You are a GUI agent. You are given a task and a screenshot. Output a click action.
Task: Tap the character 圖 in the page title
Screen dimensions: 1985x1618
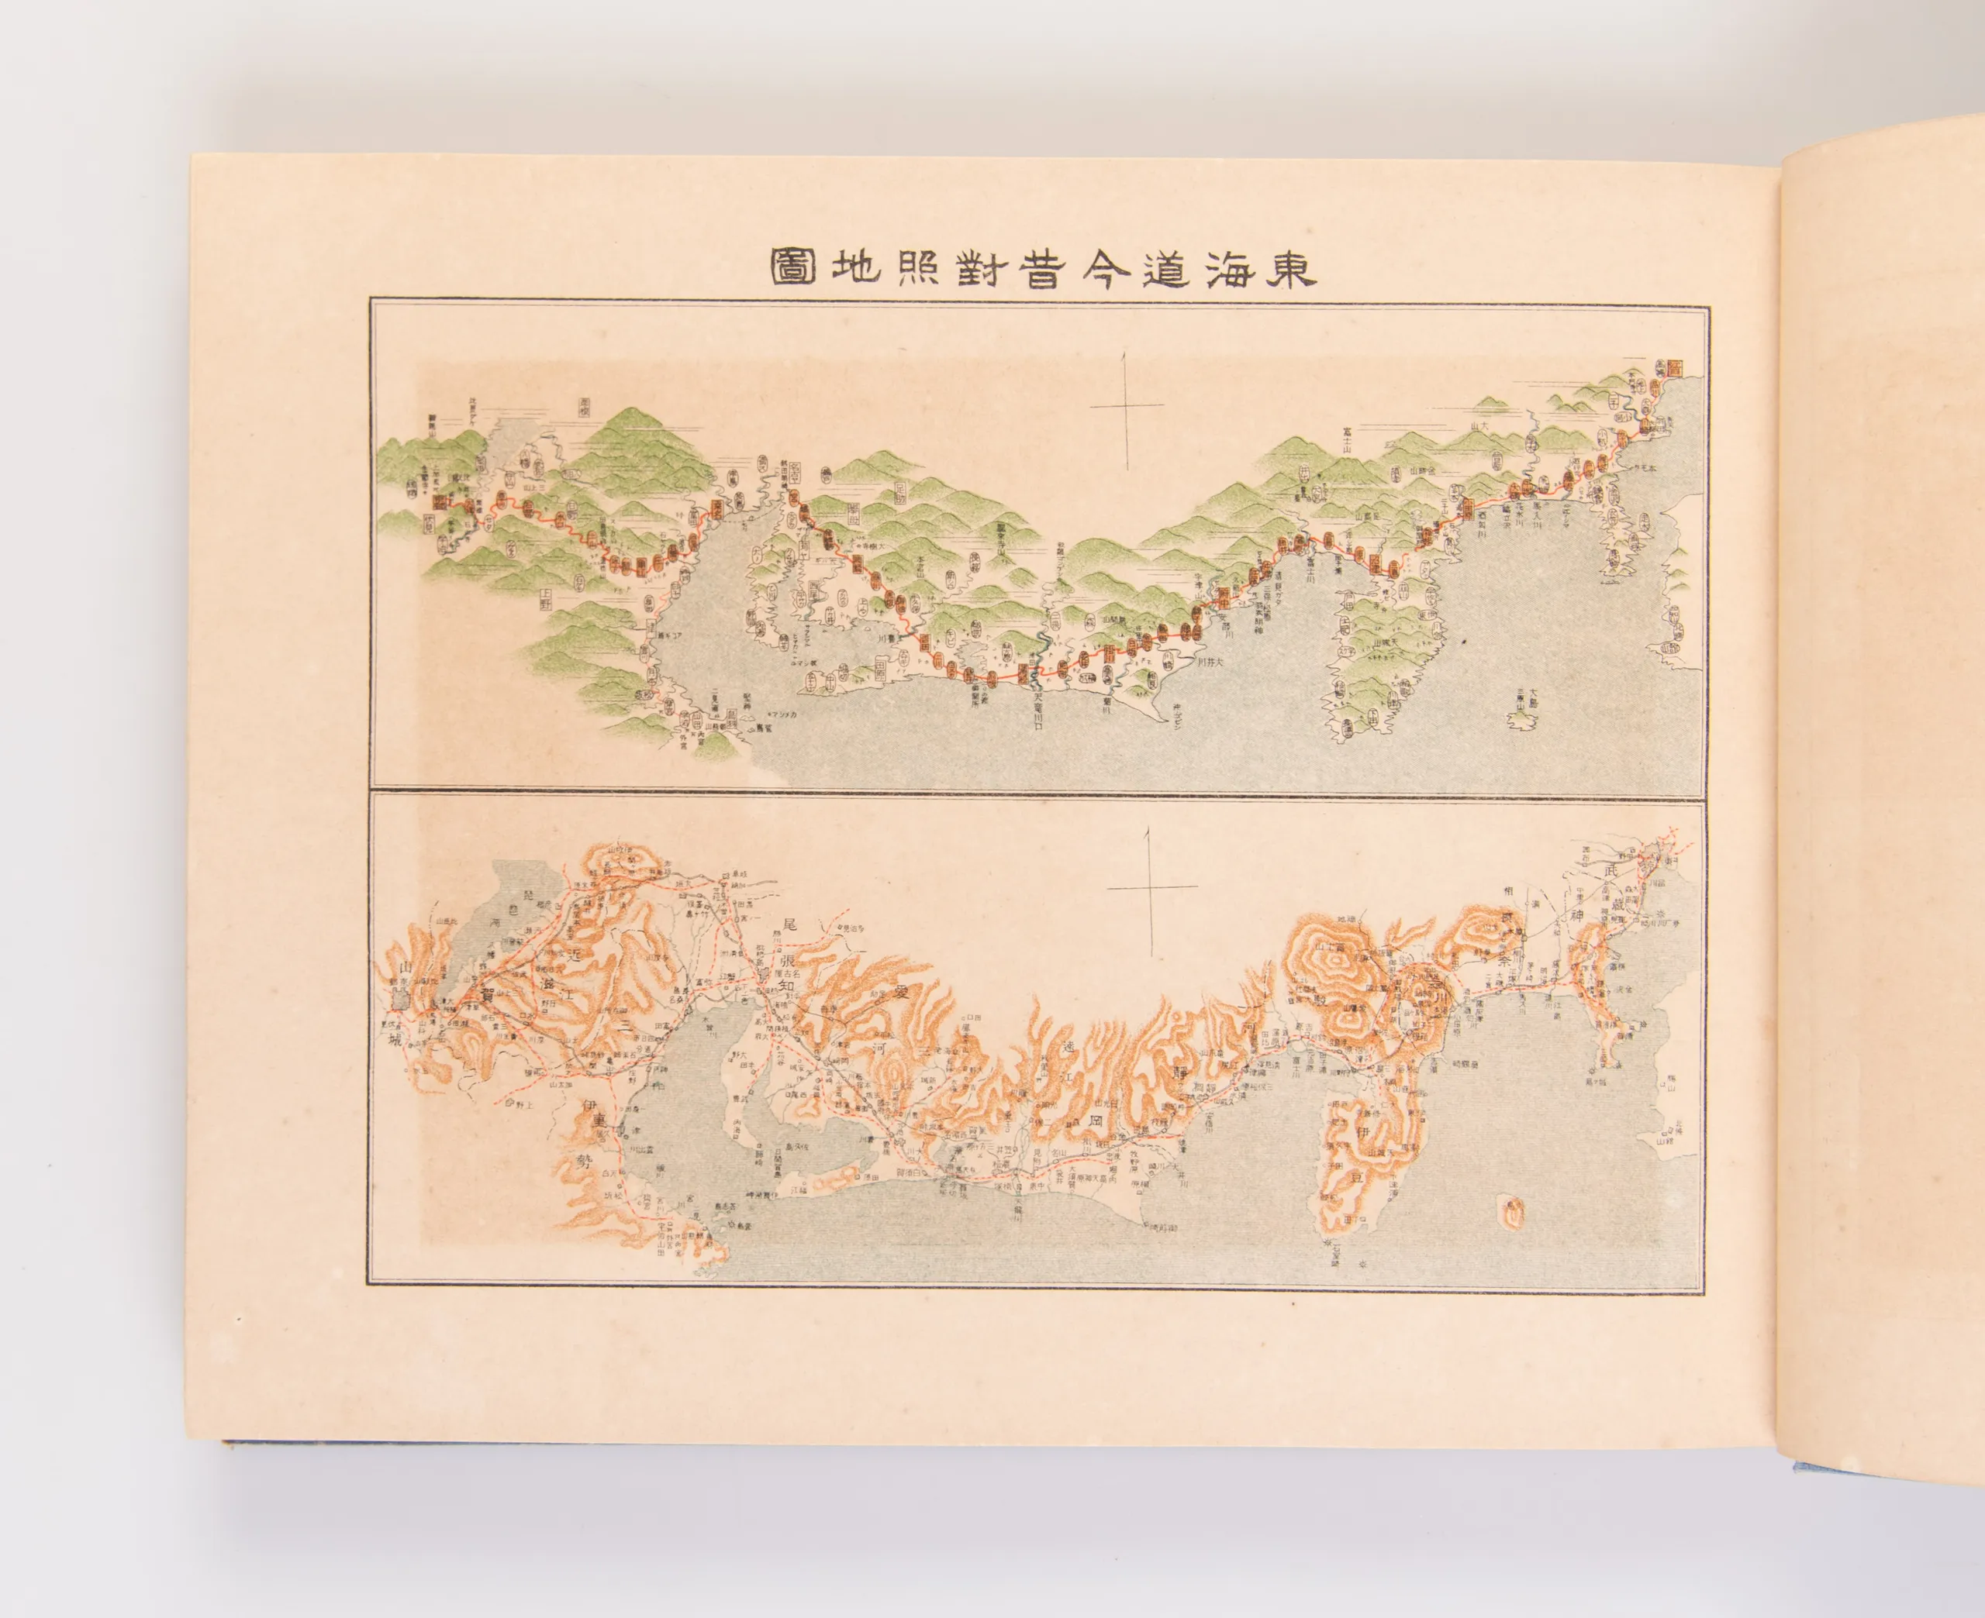793,267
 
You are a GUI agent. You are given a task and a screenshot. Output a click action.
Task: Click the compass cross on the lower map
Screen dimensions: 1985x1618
1152,887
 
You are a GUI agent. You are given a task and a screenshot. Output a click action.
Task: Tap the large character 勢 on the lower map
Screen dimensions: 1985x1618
585,1162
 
